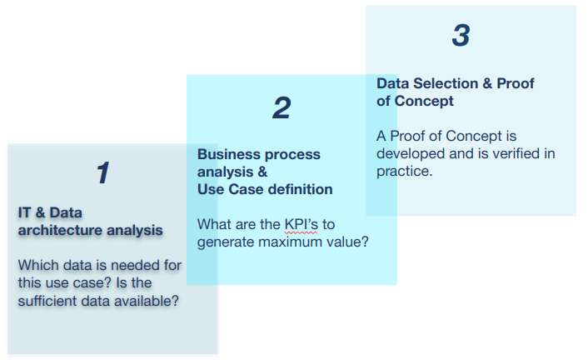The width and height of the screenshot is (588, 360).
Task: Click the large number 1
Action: (103, 172)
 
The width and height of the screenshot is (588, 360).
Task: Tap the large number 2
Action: (282, 107)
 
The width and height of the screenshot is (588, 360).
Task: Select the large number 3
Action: (461, 35)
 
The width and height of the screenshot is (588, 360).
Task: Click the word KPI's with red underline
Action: (301, 224)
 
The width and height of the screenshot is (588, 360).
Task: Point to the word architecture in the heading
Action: (60, 230)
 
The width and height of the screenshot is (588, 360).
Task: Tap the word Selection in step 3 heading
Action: (446, 83)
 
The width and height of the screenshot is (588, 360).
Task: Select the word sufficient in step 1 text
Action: (47, 301)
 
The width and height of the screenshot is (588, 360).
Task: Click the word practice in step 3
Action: (403, 172)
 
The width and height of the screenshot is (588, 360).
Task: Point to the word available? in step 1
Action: (147, 301)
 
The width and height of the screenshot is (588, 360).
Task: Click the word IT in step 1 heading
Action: (24, 212)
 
